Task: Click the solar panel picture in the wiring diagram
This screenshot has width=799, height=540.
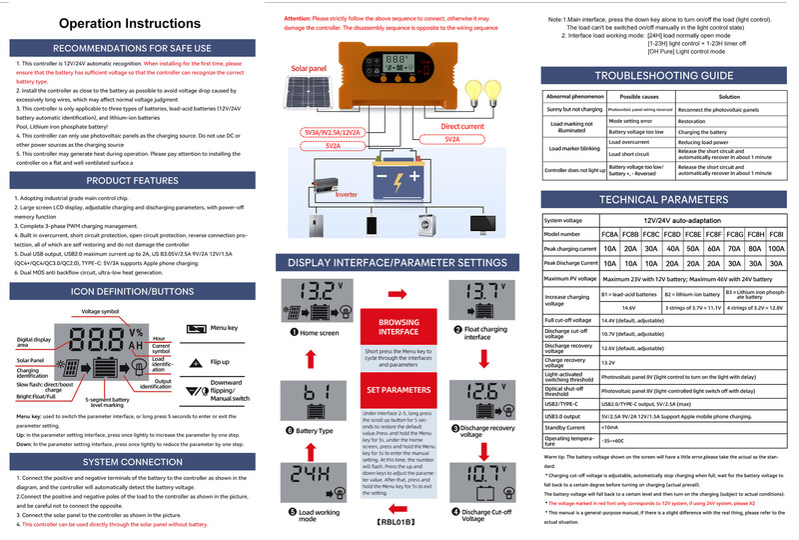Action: [x=312, y=99]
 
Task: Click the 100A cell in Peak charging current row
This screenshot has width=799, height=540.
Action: [x=779, y=246]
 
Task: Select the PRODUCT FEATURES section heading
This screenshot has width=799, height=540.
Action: [x=132, y=181]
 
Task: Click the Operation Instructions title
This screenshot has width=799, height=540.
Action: [x=133, y=22]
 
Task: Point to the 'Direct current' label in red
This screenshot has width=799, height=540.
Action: [x=462, y=127]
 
